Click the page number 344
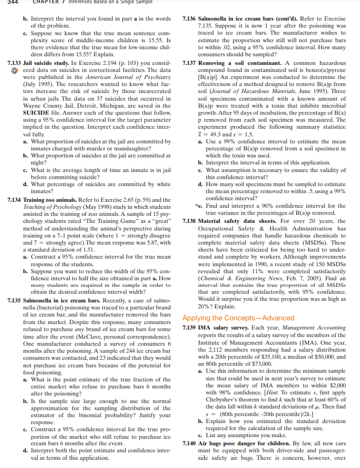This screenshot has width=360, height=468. pos(6,2)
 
